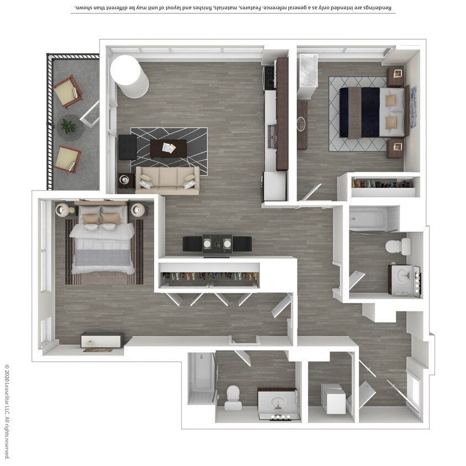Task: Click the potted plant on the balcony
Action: (x=68, y=126)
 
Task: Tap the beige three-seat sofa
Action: (x=167, y=181)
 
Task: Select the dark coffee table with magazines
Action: (x=168, y=149)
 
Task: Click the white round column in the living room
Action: (x=129, y=76)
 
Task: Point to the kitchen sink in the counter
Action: (x=272, y=137)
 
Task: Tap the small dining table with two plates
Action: (x=217, y=244)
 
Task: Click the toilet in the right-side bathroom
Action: (x=398, y=246)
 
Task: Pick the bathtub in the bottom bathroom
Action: (x=200, y=378)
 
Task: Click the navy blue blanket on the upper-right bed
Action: (x=370, y=112)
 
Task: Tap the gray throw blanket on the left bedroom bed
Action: (x=103, y=257)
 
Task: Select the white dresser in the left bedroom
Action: (x=103, y=340)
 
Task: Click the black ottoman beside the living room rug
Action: (x=128, y=147)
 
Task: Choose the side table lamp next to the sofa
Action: (x=124, y=179)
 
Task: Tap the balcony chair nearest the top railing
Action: (x=68, y=91)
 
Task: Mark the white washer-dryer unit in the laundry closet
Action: (x=333, y=399)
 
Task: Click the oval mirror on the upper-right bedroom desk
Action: (x=301, y=124)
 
